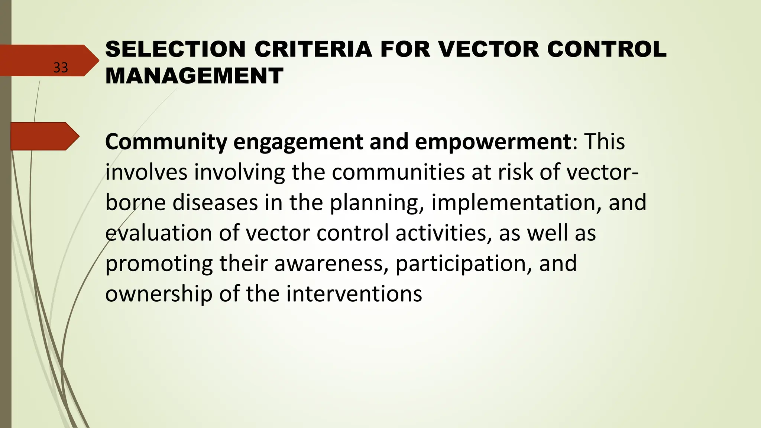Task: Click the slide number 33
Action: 61,68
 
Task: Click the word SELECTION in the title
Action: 175,49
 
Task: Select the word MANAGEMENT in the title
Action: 194,76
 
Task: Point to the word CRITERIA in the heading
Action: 313,49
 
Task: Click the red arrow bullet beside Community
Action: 45,136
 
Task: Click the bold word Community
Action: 166,142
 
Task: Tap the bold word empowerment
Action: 493,142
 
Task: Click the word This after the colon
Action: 605,142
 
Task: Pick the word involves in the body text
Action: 146,172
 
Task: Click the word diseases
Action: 215,203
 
